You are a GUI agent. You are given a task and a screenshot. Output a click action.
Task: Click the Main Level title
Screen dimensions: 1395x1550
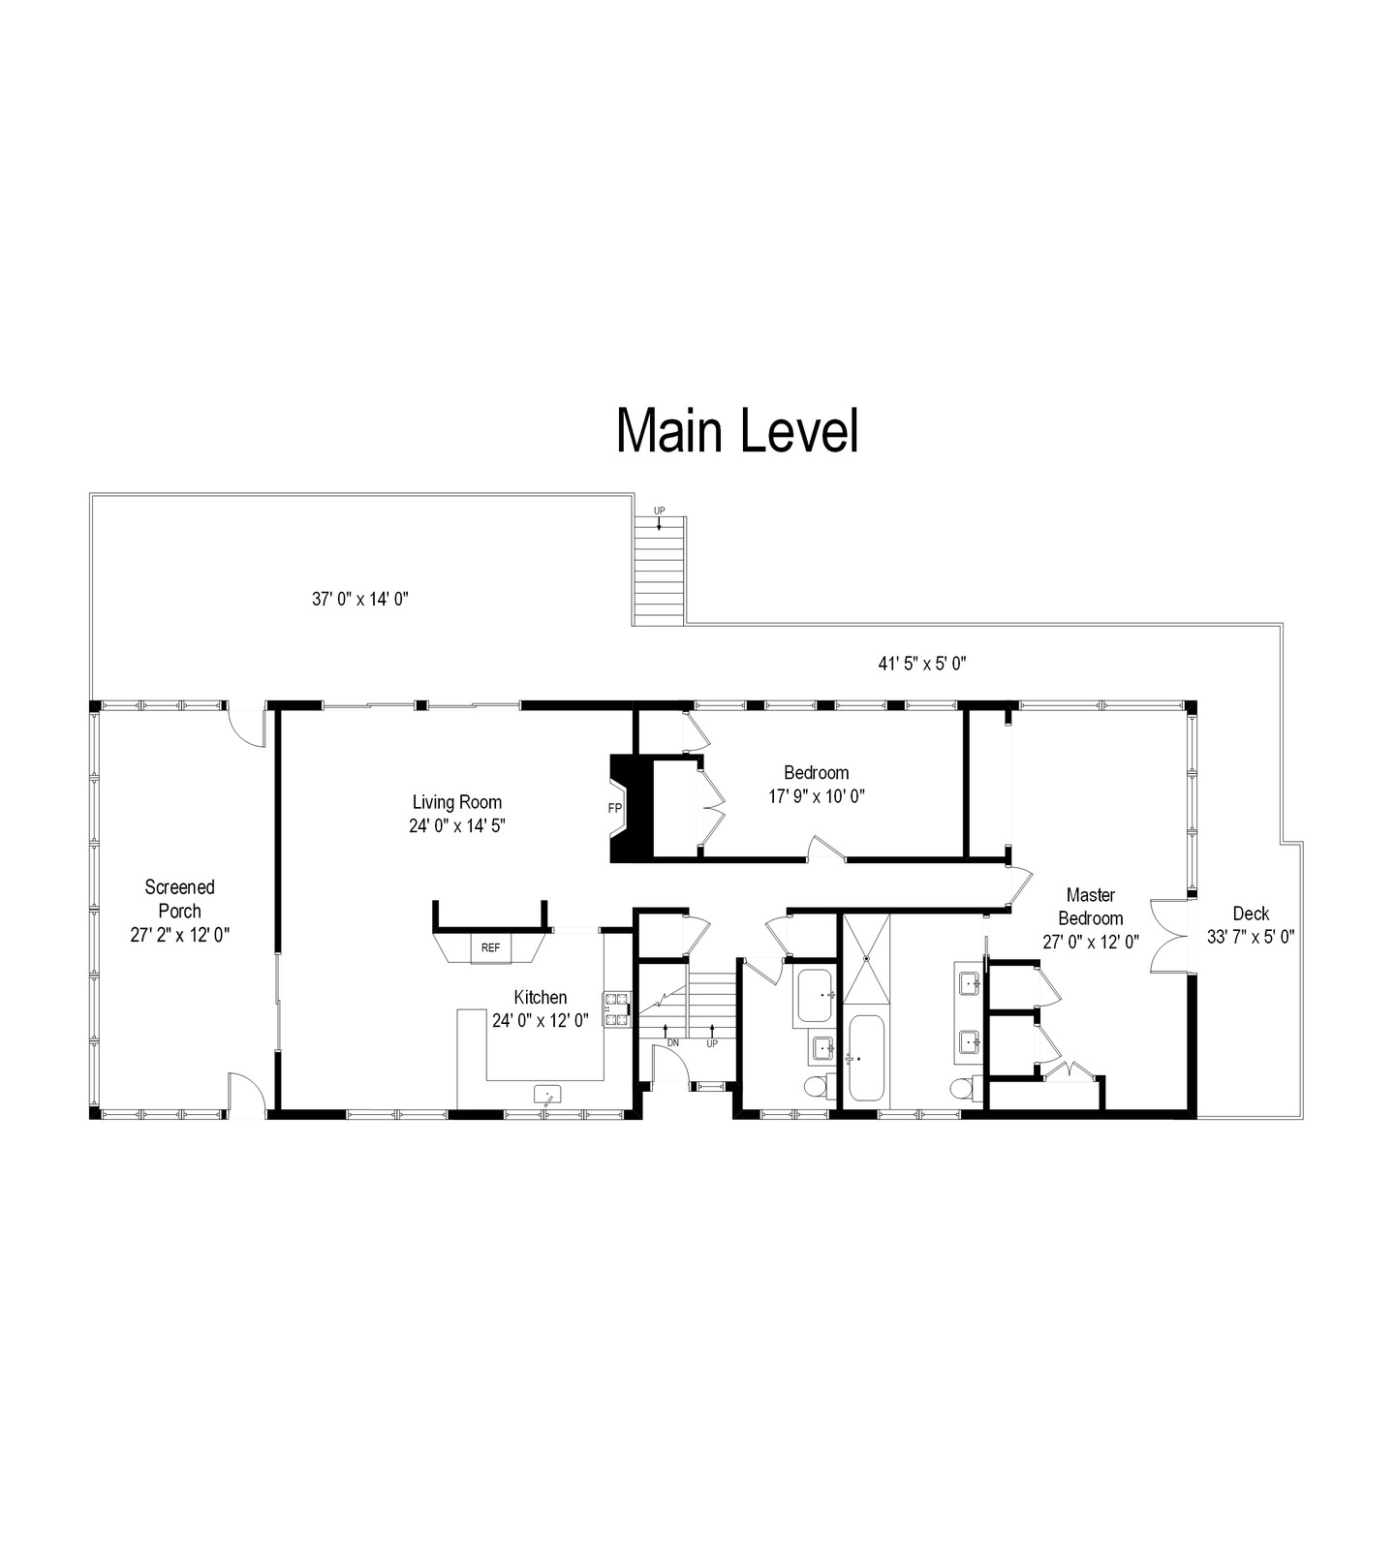(737, 431)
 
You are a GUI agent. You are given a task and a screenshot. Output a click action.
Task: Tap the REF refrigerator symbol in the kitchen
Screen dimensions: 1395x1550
(491, 948)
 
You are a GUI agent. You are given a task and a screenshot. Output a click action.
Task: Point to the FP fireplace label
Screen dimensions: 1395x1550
(614, 807)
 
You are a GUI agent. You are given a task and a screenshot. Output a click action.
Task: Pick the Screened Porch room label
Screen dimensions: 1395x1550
(180, 898)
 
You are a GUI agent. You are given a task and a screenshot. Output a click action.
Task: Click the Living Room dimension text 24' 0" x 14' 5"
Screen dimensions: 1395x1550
(457, 826)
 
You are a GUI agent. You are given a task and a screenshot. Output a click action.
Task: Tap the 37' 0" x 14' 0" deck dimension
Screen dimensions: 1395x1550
(360, 599)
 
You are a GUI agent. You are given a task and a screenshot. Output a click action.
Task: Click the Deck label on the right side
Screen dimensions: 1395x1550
(1251, 913)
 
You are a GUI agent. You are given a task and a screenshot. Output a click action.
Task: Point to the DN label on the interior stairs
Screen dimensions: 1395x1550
(673, 1043)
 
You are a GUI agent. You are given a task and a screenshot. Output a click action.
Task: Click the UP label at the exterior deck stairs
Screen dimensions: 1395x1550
(660, 511)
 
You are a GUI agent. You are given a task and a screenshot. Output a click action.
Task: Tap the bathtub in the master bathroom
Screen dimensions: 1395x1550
(866, 1058)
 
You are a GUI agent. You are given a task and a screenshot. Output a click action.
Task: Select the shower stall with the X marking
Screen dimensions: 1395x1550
(866, 959)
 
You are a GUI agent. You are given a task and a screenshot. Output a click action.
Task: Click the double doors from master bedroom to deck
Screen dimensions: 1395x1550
(1169, 933)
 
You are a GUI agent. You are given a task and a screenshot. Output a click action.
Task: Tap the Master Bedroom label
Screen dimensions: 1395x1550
(1091, 906)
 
